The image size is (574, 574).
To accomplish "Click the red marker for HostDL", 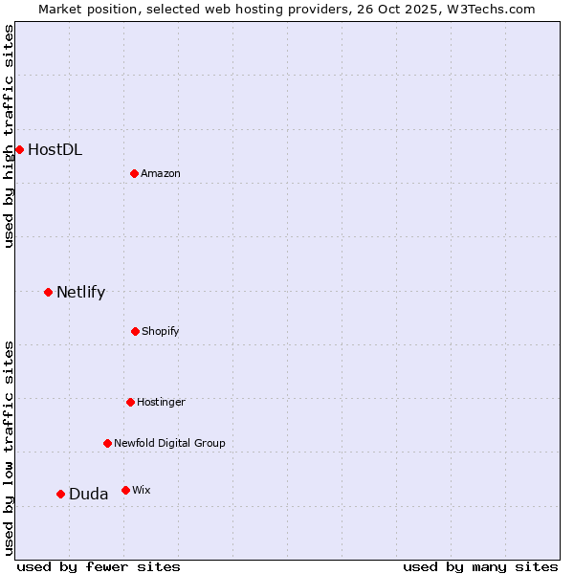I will coord(19,149).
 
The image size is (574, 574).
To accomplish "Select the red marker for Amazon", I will coord(134,173).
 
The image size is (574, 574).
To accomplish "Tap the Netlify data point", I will coord(48,292).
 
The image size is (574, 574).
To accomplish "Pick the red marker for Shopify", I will coord(135,331).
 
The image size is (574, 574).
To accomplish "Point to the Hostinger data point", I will coord(130,402).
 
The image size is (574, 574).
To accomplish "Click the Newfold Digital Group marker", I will coord(107,443).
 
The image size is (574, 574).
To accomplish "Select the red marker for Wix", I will coord(125,490).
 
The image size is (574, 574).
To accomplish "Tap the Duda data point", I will coord(60,494).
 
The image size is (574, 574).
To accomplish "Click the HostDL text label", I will coord(55,149).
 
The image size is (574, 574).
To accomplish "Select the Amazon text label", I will coord(161,173).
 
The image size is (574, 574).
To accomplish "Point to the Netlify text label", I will coord(80,292).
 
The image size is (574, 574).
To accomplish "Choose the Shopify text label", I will coord(161,331).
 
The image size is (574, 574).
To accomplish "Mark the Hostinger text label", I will coord(161,402).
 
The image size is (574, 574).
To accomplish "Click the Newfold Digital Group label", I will coord(169,443).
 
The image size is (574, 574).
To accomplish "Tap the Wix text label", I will coord(141,490).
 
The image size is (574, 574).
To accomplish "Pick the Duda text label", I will coord(88,494).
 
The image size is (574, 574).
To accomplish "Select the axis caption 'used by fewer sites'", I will coord(99,566).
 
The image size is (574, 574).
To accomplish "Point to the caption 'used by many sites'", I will coord(480,566).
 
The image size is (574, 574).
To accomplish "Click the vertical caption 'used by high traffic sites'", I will coord(9,136).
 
